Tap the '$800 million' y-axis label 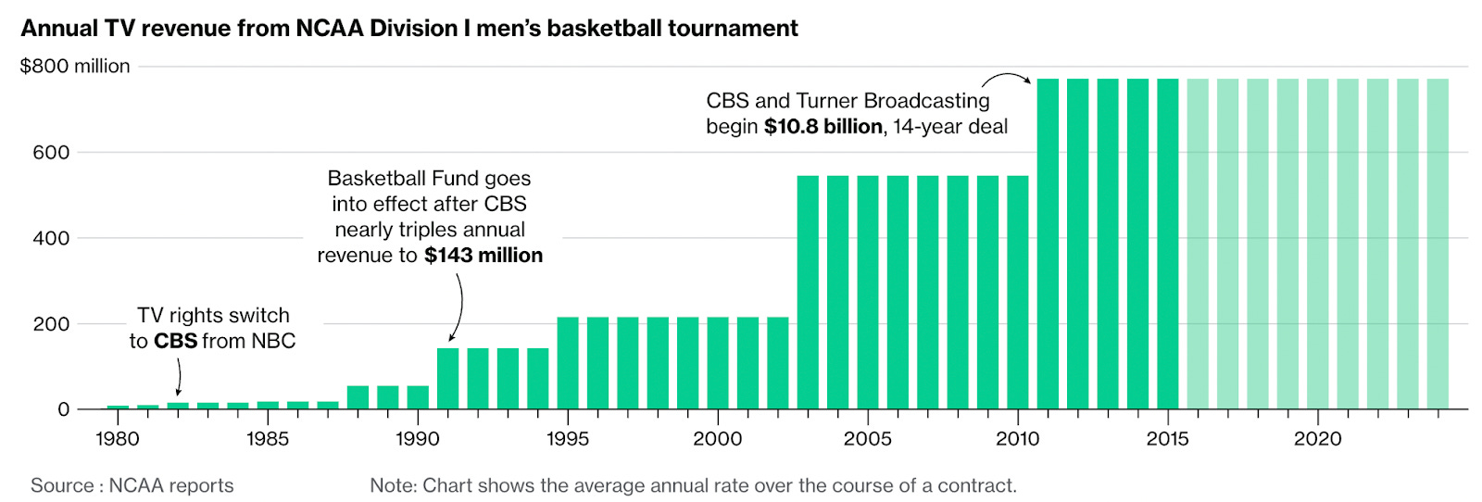point(75,67)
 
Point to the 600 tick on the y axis point(51,153)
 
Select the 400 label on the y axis point(51,239)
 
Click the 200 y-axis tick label point(51,324)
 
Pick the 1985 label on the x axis point(268,439)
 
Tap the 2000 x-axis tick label point(717,439)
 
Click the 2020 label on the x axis point(1317,439)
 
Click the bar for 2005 point(868,292)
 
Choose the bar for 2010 point(1018,292)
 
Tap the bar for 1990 point(418,397)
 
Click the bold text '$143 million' point(484,256)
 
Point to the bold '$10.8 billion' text point(823,127)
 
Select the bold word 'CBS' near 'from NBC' point(175,342)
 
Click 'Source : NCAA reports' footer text point(132,485)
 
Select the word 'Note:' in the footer point(394,485)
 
